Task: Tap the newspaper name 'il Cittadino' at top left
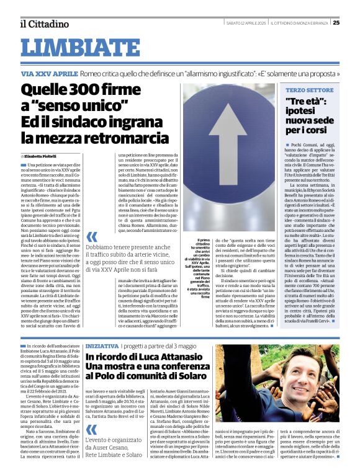pos(43,24)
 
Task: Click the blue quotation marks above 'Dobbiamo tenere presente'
pos(92,237)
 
